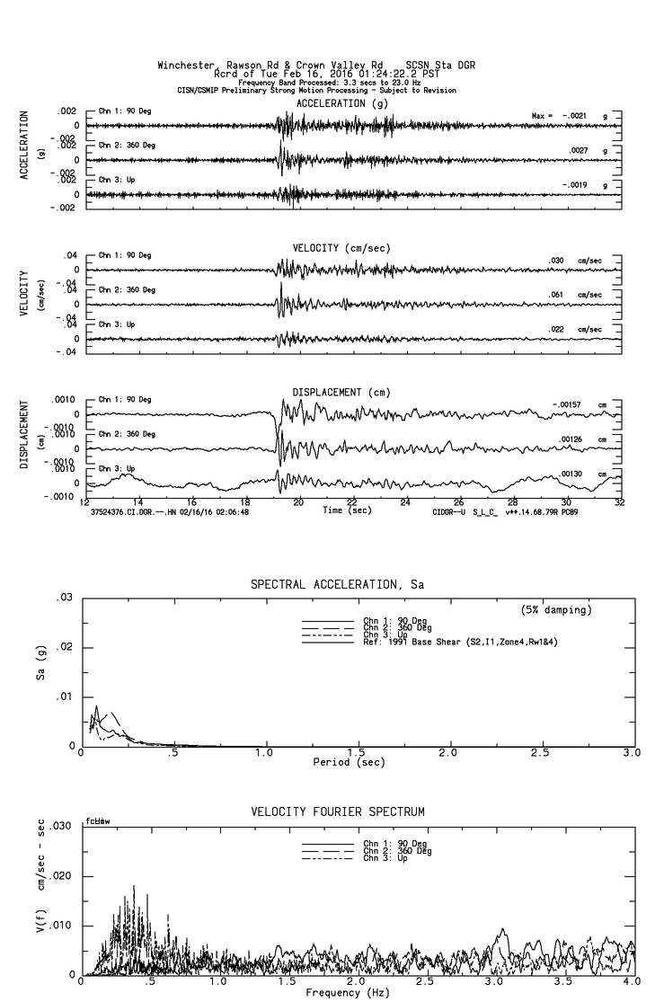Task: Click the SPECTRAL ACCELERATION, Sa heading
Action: pos(337,585)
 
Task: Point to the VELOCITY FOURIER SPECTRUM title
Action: pos(337,812)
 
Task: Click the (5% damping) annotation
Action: pos(556,610)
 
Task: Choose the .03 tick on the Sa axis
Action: pos(65,599)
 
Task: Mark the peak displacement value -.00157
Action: pos(567,405)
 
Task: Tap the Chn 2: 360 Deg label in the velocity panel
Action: pos(127,290)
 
